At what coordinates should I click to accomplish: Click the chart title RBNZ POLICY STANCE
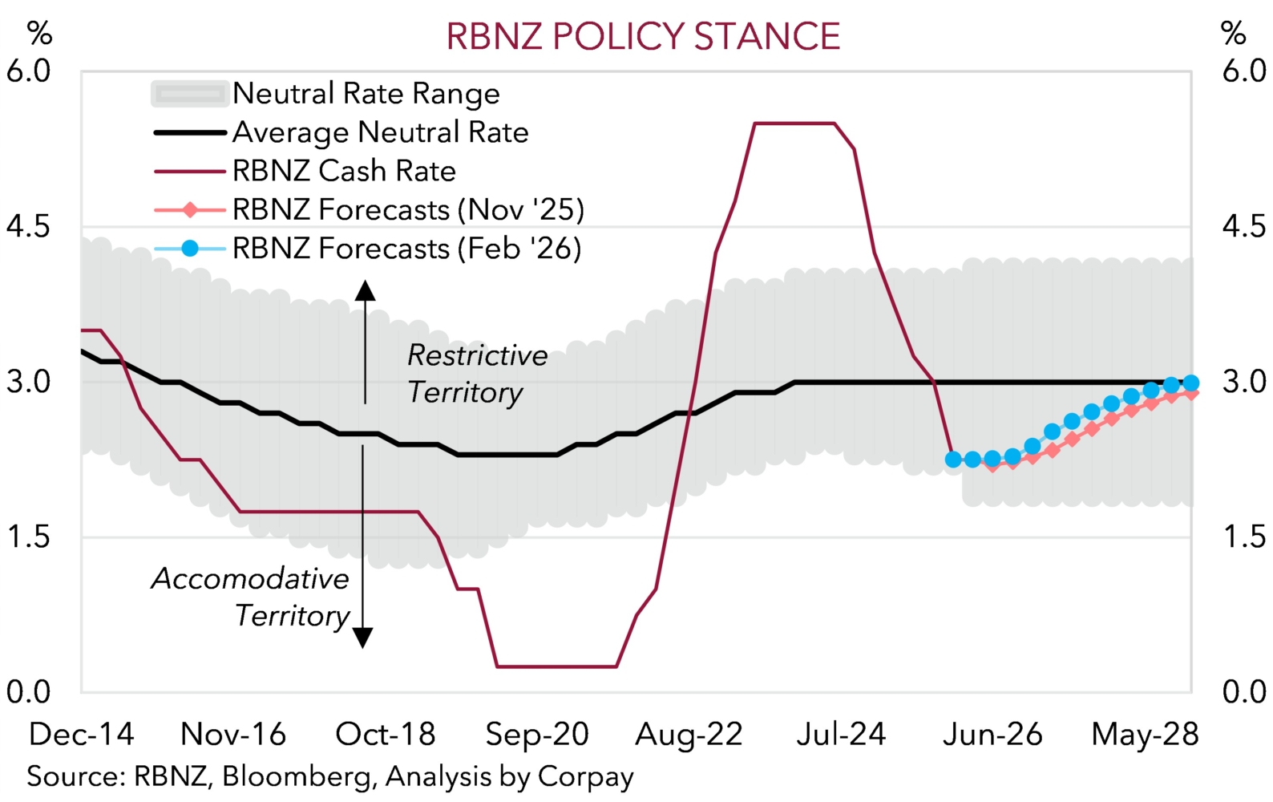[643, 37]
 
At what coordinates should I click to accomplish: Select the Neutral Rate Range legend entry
[366, 94]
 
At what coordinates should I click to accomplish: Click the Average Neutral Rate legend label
[380, 132]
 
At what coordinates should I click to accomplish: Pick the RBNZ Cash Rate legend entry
[344, 171]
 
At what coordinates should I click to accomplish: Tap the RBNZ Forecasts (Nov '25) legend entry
[408, 210]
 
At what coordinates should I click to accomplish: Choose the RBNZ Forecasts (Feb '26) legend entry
[406, 249]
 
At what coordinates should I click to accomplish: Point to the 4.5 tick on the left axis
[28, 226]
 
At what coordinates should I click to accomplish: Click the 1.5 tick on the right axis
[1244, 537]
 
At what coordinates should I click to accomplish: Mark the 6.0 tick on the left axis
[28, 71]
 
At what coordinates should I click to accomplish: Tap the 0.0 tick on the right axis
[1244, 691]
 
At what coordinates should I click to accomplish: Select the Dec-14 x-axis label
[81, 734]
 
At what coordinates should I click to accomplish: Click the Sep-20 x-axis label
[537, 734]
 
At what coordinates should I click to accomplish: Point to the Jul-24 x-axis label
[841, 734]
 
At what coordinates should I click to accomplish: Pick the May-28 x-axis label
[1145, 734]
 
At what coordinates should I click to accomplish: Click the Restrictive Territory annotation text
[477, 374]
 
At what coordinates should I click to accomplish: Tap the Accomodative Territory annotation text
[251, 597]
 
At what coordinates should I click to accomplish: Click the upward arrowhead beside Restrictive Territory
[366, 290]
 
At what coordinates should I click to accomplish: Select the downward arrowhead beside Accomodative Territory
[363, 638]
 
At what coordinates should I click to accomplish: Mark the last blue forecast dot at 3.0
[1190, 383]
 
